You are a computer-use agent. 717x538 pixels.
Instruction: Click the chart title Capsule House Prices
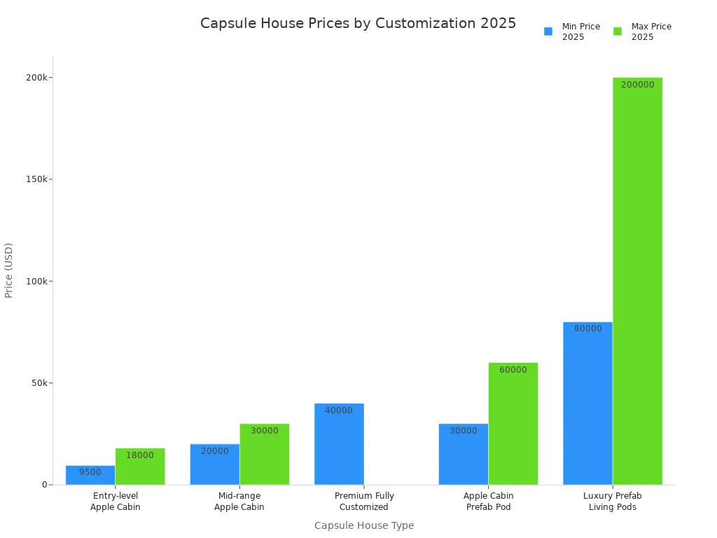click(358, 23)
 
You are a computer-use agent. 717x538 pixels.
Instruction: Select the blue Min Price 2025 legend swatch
click(548, 32)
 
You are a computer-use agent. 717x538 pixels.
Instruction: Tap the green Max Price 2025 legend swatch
click(618, 32)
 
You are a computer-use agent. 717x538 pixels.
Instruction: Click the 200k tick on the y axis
click(36, 77)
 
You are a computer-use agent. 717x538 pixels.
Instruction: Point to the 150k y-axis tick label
click(36, 179)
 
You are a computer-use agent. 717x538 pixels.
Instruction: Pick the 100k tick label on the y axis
click(36, 281)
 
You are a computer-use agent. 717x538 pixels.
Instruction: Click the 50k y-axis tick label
click(39, 383)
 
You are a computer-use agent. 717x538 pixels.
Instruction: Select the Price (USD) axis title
click(9, 270)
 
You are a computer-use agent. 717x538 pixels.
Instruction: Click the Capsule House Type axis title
click(363, 525)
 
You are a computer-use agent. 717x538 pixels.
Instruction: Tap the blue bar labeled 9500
click(90, 476)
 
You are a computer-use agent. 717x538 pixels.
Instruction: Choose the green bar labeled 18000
click(140, 467)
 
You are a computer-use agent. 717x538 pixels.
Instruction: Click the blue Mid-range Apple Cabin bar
click(214, 465)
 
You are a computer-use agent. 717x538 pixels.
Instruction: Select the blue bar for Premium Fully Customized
click(339, 445)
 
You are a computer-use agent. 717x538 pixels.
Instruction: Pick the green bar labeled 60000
click(513, 425)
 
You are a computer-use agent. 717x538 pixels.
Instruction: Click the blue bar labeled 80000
click(587, 404)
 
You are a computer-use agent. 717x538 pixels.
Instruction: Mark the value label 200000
click(637, 85)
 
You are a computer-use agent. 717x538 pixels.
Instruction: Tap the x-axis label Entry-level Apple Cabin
click(116, 502)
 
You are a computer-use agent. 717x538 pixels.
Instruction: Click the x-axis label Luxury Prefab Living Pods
click(613, 502)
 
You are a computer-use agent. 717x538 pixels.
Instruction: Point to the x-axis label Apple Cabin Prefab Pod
click(488, 502)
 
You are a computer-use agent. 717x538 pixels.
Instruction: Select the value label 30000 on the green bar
click(264, 431)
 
